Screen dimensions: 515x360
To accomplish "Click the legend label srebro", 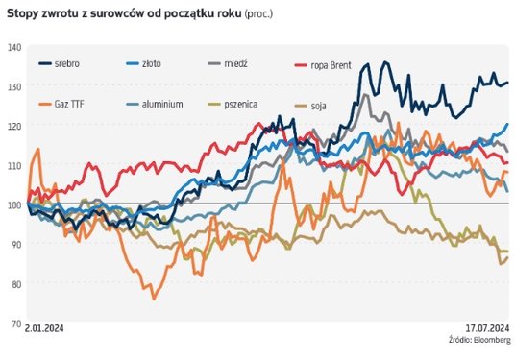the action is pos(67,63).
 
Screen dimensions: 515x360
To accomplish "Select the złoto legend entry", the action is pos(152,63).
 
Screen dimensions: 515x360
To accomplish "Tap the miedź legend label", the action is pos(235,63).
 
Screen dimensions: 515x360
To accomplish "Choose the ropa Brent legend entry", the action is pos(331,65).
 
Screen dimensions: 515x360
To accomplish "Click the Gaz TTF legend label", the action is pos(69,105).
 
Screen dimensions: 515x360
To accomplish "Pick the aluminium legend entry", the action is pos(162,105).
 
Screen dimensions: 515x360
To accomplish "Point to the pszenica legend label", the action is pos(241,105).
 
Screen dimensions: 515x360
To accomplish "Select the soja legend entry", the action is pos(319,106).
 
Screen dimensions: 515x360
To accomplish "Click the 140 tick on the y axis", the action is pos(14,48).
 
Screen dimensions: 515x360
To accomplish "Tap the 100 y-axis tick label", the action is pos(14,205).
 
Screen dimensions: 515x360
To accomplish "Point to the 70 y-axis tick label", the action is pos(16,324).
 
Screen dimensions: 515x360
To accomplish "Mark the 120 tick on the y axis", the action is pos(14,127).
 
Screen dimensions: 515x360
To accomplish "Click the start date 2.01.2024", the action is pos(44,328).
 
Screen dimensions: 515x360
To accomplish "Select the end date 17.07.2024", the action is pos(488,328).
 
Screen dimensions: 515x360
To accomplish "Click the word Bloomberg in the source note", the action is pos(492,340).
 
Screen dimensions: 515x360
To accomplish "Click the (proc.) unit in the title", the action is pos(258,14).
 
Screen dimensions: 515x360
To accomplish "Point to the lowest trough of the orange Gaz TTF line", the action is pos(154,300).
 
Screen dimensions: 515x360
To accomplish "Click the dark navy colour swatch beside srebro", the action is pos(45,63).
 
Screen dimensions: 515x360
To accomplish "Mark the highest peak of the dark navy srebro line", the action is pos(385,62).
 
